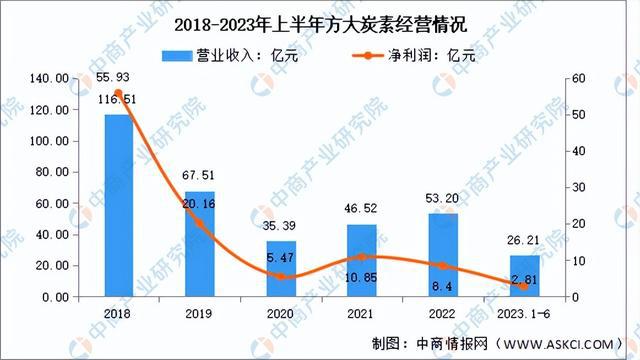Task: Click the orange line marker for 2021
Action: click(362, 258)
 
